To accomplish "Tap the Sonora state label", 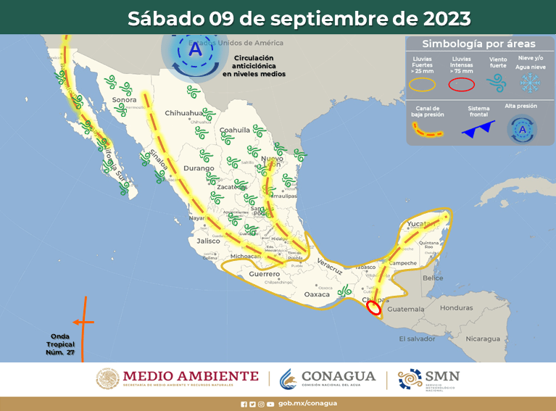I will coord(124,100).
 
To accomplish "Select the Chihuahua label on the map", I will coord(183,113).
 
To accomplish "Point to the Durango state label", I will coord(199,168).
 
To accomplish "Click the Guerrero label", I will coord(264,274).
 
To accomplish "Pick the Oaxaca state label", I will coord(316,294).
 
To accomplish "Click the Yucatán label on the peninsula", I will coord(419,223).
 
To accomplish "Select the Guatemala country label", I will coord(405,309).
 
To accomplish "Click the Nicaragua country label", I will coord(483,339).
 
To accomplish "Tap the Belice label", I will coord(433,278).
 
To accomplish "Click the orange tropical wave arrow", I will coord(83,322).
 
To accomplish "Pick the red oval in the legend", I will coord(461,84).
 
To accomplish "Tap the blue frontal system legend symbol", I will coord(479,129).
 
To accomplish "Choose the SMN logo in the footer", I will coord(428,378).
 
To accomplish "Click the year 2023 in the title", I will coord(434,17).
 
